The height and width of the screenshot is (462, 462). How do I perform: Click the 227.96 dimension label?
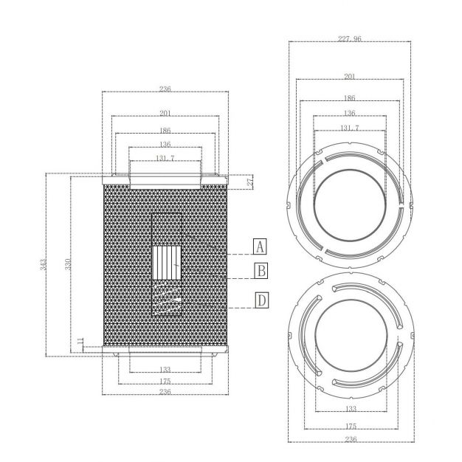[349, 38]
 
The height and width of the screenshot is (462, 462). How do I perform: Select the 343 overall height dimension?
[44, 264]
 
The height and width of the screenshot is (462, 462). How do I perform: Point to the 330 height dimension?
[68, 264]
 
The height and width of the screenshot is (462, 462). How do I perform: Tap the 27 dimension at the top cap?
[250, 182]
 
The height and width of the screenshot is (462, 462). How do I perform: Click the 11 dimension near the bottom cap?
[80, 341]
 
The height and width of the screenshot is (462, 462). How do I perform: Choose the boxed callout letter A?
[260, 246]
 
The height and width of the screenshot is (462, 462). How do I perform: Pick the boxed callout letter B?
[261, 270]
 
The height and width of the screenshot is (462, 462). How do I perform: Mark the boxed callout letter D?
[262, 300]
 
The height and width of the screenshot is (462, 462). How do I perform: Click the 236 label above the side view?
[165, 89]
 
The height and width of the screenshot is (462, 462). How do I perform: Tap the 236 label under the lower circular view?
[351, 439]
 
